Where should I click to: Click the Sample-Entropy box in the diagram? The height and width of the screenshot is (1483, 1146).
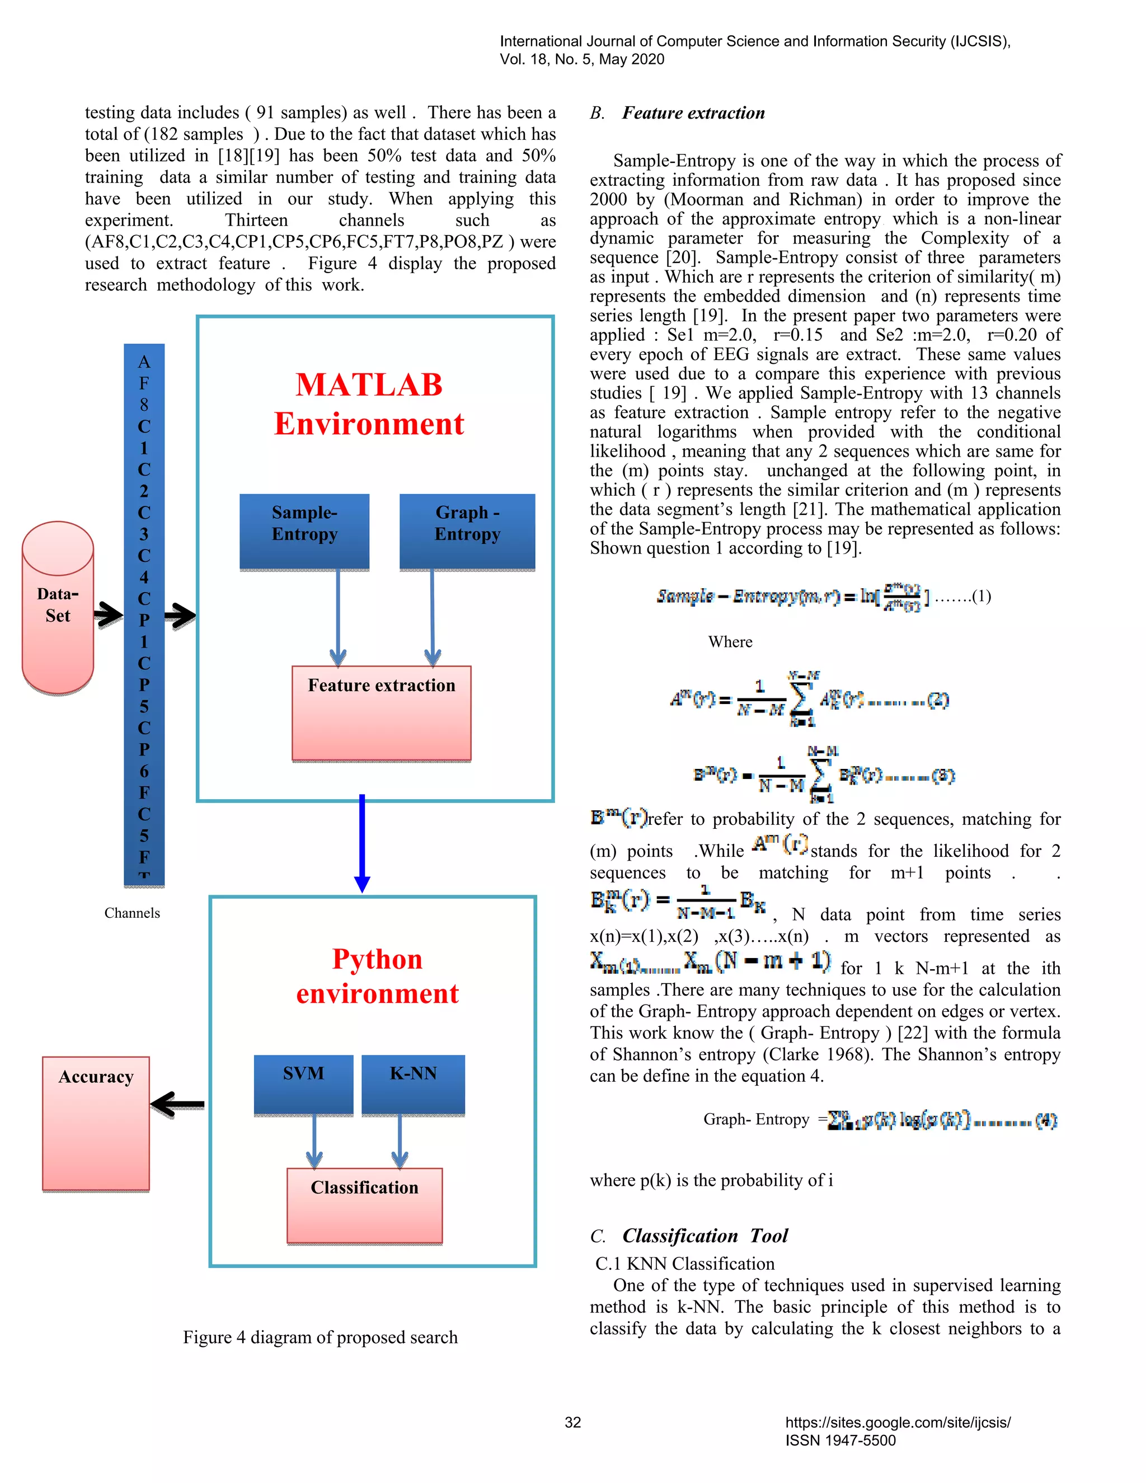[304, 531]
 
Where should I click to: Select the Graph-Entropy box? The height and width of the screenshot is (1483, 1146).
[467, 531]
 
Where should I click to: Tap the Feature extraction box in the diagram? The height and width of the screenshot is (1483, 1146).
[381, 712]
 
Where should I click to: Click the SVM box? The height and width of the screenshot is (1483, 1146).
[303, 1084]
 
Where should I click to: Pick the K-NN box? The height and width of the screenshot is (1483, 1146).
[413, 1084]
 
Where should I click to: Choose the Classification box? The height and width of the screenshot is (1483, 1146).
[365, 1205]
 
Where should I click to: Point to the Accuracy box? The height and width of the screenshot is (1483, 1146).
[96, 1123]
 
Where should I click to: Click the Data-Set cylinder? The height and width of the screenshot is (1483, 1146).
[58, 607]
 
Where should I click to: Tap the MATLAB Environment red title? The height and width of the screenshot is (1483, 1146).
[369, 404]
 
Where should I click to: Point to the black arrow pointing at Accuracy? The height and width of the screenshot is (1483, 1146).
[177, 1104]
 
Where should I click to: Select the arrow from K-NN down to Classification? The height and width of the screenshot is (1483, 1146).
[400, 1141]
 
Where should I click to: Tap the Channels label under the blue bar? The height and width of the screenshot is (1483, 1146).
[131, 913]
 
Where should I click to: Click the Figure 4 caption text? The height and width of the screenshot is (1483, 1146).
[320, 1337]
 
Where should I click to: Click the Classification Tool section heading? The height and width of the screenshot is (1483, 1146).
[704, 1235]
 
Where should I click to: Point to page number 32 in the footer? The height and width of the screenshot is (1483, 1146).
[573, 1422]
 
